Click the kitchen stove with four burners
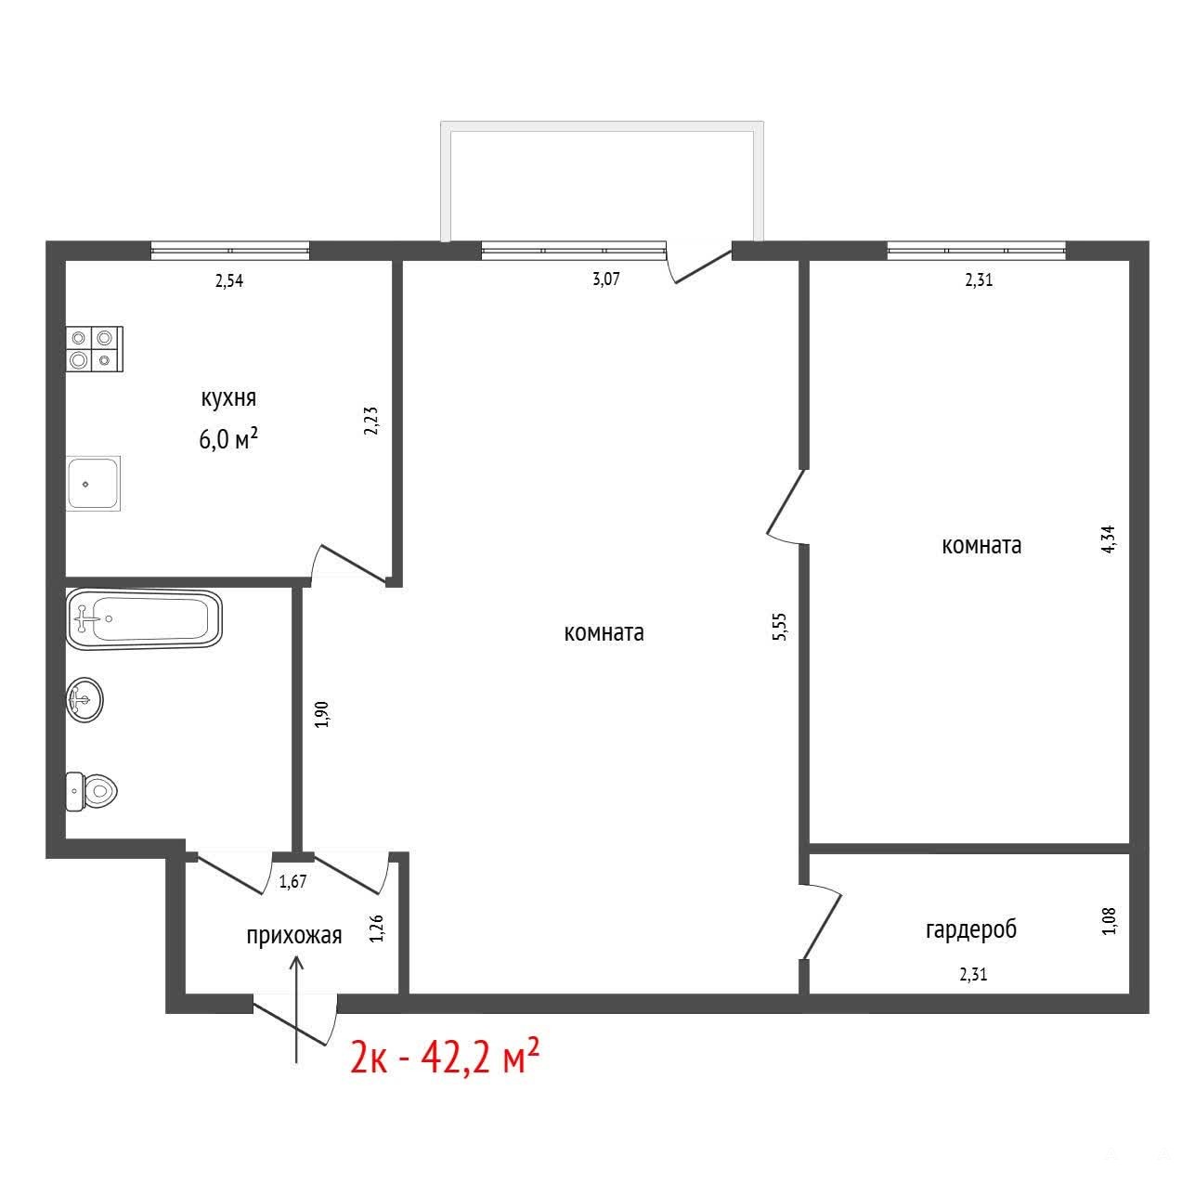[x=95, y=349]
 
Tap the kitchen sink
[x=93, y=484]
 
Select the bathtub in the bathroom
[x=144, y=619]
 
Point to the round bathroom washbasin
[x=84, y=700]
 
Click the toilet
[x=91, y=791]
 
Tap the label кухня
[x=228, y=398]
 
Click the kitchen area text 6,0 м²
[x=228, y=439]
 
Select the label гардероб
[x=971, y=929]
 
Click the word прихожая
[x=294, y=935]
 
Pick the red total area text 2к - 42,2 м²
[x=445, y=1059]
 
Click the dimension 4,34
[x=1109, y=539]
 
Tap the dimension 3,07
[x=606, y=279]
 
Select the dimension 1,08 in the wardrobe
[x=1110, y=921]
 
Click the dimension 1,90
[x=322, y=714]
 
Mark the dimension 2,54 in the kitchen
[x=229, y=281]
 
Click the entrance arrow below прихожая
[x=297, y=1009]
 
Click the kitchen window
[x=230, y=251]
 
